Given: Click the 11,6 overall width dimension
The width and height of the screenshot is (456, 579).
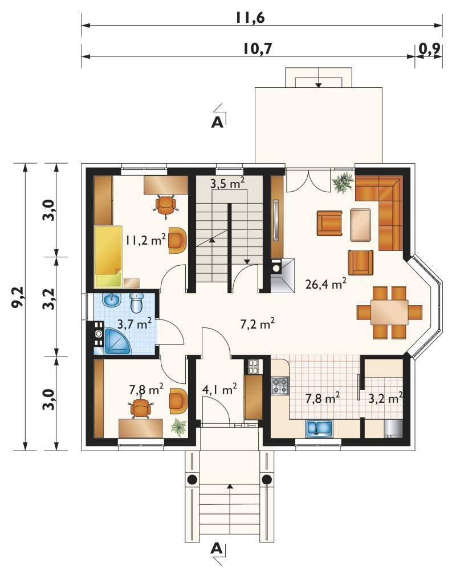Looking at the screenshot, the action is tap(250, 18).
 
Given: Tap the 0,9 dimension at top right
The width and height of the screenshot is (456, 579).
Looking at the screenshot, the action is tap(429, 48).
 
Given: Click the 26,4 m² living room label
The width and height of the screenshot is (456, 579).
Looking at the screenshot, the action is tap(326, 284).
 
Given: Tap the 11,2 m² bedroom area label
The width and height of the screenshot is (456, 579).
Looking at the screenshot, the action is tap(145, 240).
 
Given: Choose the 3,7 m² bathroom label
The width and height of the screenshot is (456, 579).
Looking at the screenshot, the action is tap(135, 324).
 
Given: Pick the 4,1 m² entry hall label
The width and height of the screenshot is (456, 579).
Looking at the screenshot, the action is tap(219, 389).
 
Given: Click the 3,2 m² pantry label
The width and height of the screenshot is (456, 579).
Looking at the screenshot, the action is tap(385, 398).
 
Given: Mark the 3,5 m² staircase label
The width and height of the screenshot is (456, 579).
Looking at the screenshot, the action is tap(228, 184).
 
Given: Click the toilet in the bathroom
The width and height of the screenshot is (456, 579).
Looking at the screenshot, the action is tap(136, 302).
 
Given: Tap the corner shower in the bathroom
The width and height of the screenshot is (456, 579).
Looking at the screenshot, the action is tap(117, 341).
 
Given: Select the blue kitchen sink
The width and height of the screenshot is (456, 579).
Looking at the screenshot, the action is tap(319, 428).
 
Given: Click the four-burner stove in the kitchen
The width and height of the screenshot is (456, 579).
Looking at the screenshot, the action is tap(280, 386).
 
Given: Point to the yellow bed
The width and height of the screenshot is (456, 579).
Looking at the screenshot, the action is tap(108, 256).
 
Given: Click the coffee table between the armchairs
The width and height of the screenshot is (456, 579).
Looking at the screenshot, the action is tap(360, 225).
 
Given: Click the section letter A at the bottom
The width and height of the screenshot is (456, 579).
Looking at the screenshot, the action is tap(217, 548).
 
